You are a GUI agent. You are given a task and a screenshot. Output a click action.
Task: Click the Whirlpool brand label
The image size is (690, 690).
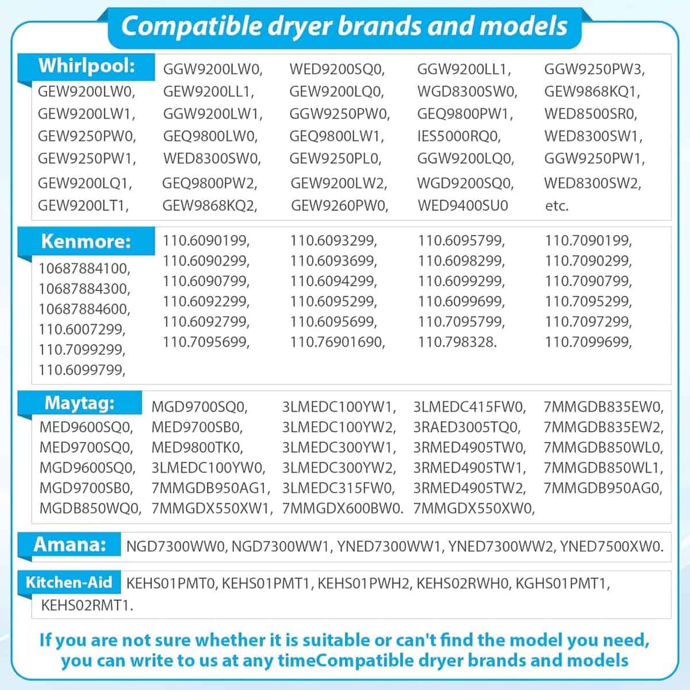(87, 66)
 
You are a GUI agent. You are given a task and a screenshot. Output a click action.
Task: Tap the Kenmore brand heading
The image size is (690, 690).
(86, 241)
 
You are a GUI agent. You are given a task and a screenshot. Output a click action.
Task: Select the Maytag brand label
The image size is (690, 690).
(79, 403)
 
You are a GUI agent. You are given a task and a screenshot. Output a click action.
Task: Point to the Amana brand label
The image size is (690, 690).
(70, 544)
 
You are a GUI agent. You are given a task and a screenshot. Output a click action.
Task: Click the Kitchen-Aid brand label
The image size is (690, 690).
(68, 582)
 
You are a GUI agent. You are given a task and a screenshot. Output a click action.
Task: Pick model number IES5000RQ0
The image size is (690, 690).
(459, 136)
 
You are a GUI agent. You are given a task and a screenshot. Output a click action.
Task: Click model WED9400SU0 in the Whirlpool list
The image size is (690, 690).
(463, 205)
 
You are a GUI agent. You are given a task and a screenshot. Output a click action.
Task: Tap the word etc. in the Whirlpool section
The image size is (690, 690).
(557, 206)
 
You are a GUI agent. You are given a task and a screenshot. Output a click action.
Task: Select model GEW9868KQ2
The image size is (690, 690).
(209, 205)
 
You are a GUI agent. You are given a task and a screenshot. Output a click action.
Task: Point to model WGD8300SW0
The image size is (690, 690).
(467, 91)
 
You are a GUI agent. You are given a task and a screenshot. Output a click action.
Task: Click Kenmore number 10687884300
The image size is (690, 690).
(85, 288)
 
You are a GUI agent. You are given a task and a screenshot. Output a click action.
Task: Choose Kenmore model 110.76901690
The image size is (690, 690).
(337, 342)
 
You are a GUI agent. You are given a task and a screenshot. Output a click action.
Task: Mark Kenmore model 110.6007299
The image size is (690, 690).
(82, 329)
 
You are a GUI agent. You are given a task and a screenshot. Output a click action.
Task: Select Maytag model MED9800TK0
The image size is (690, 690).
(197, 447)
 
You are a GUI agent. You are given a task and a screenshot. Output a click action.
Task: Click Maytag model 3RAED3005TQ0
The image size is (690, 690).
(466, 427)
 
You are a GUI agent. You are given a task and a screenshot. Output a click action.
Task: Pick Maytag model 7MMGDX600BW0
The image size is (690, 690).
(343, 508)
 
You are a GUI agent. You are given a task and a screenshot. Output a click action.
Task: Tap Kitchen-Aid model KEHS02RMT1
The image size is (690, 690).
(87, 605)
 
